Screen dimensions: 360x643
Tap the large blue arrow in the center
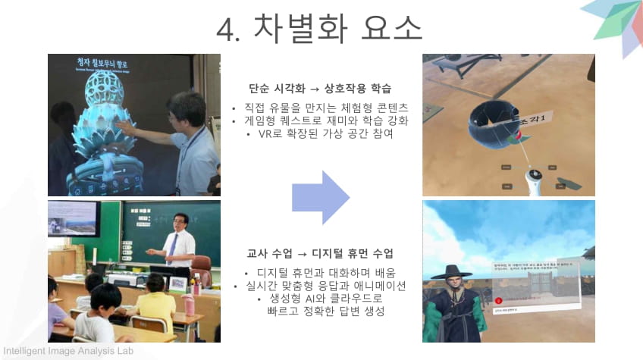tap(321, 197)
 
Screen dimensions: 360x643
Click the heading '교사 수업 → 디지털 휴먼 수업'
tap(320, 252)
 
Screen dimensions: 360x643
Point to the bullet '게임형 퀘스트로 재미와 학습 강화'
tap(322, 121)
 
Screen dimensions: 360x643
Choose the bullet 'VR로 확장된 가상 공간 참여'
tap(322, 134)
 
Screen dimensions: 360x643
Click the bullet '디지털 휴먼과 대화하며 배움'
tap(321, 272)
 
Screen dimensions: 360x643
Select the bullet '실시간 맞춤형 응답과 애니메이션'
tap(321, 286)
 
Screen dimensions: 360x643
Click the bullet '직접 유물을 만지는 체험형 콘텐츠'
tap(321, 107)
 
